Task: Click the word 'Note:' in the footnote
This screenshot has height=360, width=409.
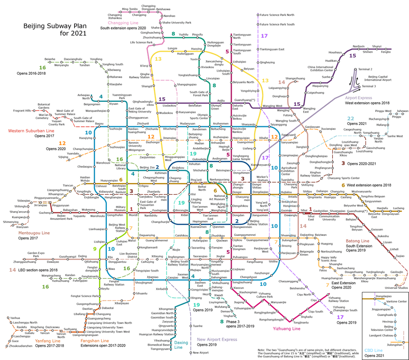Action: (263, 336)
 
